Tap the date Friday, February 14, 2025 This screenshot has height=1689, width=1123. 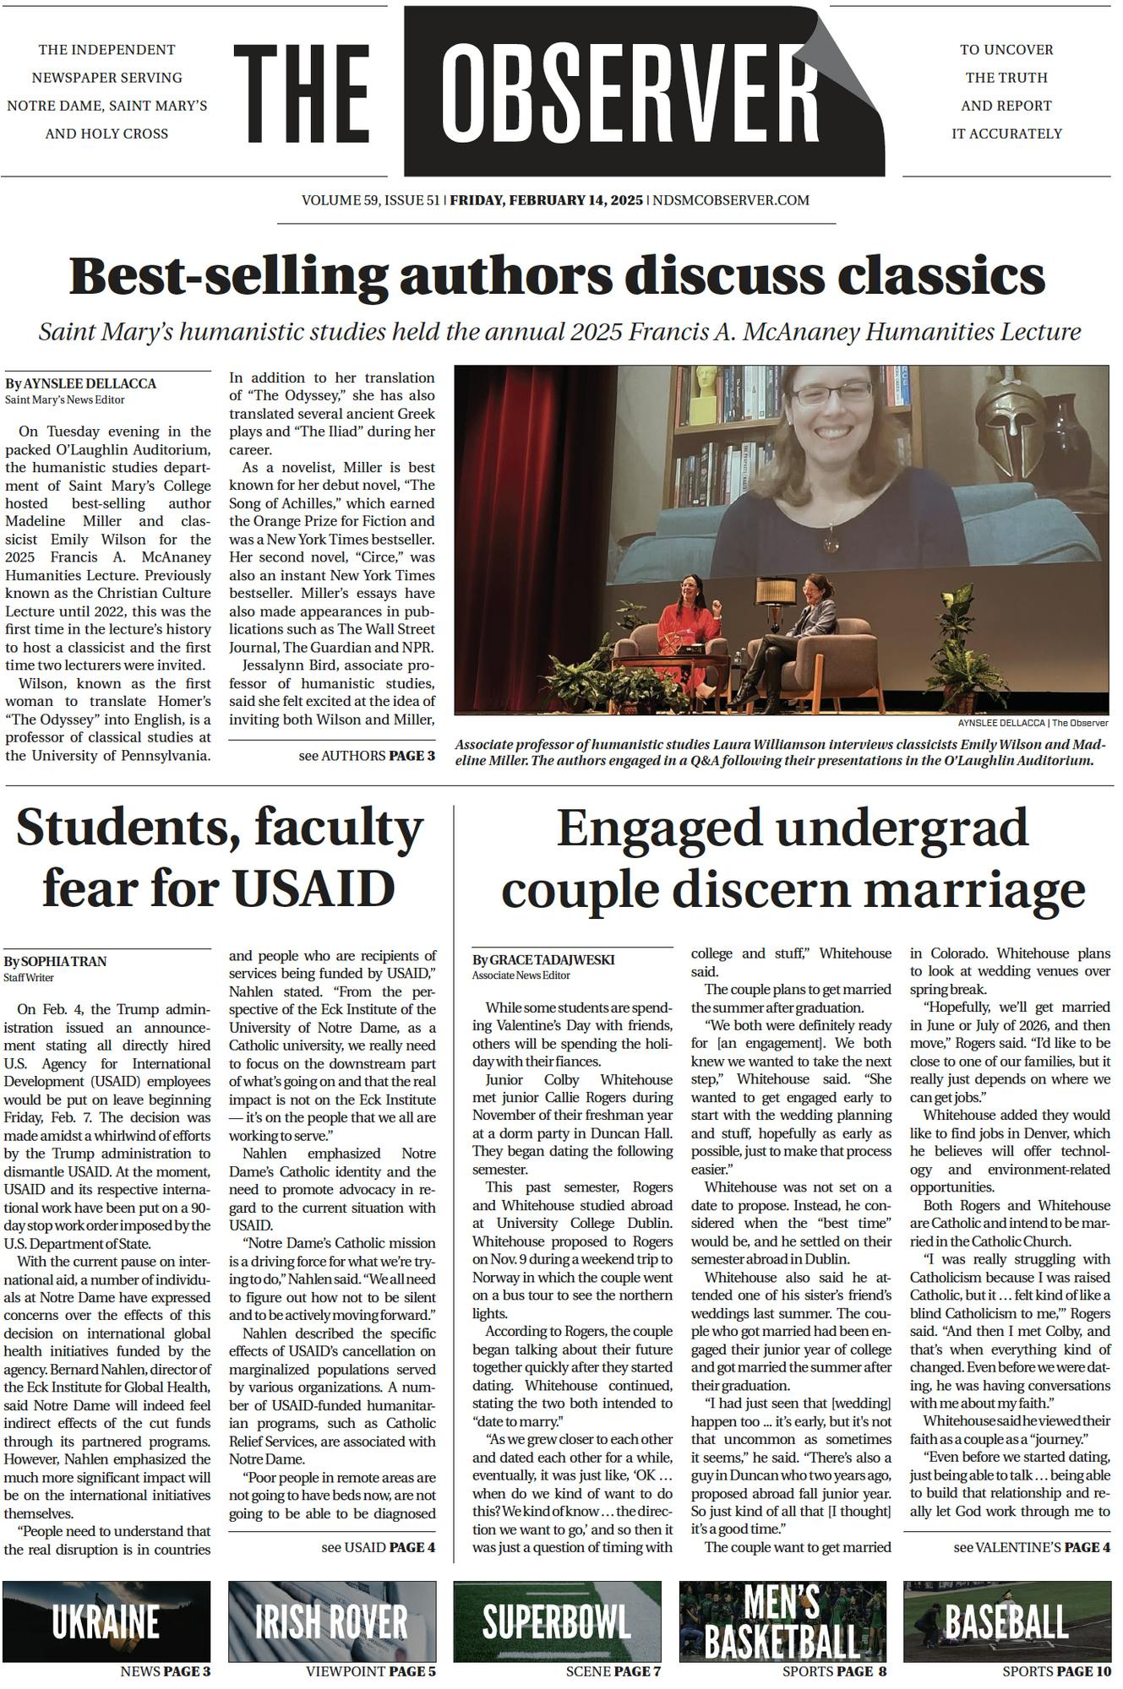tap(546, 201)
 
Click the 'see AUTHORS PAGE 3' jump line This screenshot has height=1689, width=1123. tap(367, 756)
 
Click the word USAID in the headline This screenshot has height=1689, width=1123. tap(313, 887)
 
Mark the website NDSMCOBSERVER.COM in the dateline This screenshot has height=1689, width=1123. tap(731, 201)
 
